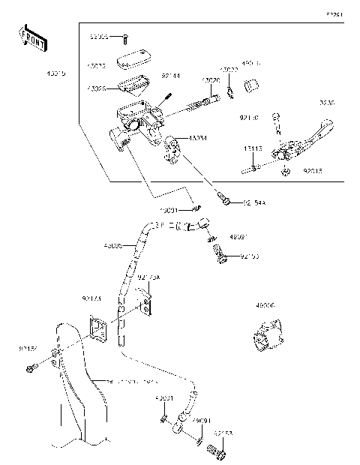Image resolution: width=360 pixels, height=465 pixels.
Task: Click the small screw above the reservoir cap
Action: tap(125, 37)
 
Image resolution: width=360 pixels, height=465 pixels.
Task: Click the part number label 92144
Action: tap(171, 75)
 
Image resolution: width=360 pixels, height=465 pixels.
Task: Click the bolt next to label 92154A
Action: tap(225, 199)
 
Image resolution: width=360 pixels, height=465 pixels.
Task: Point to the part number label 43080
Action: tap(265, 306)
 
